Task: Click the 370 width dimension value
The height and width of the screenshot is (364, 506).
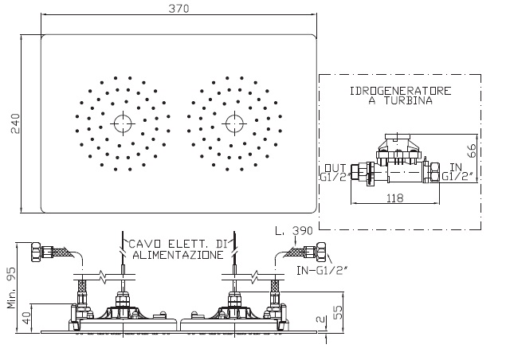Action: click(x=178, y=9)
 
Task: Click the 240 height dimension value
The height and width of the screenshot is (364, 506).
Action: click(x=15, y=123)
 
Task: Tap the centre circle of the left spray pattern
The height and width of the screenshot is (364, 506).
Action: click(x=123, y=123)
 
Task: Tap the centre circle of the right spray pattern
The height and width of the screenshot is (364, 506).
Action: click(x=234, y=123)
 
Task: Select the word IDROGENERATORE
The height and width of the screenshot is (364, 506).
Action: click(x=401, y=91)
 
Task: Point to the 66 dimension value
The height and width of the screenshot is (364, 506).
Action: click(x=472, y=151)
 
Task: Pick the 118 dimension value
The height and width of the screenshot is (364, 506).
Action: click(x=395, y=198)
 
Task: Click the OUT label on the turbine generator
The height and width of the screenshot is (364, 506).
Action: click(x=335, y=168)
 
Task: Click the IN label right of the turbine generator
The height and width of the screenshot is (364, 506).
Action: click(x=456, y=167)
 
